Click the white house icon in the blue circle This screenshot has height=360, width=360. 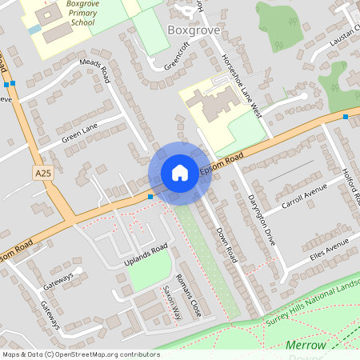pyautogui.click(x=180, y=173)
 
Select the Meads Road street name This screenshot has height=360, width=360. pyautogui.click(x=94, y=70)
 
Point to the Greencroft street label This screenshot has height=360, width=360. pyautogui.click(x=180, y=54)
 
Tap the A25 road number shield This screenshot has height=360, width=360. pyautogui.click(x=43, y=173)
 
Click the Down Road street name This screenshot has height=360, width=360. pyautogui.click(x=227, y=244)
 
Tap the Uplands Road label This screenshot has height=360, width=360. pyautogui.click(x=145, y=254)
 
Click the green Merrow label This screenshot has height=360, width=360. pyautogui.click(x=306, y=345)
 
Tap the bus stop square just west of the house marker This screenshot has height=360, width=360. pyautogui.click(x=150, y=196)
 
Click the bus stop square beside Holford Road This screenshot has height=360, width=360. pyautogui.click(x=346, y=117)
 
